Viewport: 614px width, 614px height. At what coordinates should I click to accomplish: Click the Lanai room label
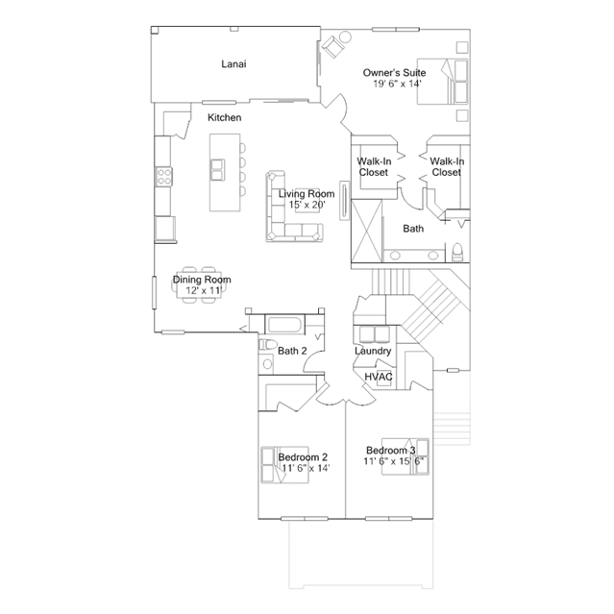[x=233, y=63]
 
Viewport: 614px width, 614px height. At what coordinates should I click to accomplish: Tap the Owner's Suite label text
[x=394, y=73]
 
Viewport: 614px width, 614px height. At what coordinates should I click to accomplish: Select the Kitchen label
[x=225, y=117]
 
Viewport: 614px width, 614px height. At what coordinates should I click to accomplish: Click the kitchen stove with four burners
[x=164, y=177]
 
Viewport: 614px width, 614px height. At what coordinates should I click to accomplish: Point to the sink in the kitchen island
[x=217, y=169]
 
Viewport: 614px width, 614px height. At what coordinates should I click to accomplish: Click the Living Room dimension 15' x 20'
[x=307, y=205]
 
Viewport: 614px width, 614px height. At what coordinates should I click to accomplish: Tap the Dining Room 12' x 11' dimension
[x=204, y=290]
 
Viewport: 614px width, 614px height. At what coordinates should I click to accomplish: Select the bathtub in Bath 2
[x=285, y=326]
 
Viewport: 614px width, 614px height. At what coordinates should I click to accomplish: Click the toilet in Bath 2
[x=268, y=345]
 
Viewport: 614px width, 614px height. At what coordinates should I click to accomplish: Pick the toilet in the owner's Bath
[x=457, y=252]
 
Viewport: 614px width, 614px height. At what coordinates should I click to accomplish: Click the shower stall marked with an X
[x=367, y=231]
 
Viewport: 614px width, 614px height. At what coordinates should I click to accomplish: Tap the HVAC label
[x=379, y=377]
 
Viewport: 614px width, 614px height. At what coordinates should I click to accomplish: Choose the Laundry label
[x=373, y=351]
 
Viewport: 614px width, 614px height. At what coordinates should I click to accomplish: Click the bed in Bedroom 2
[x=284, y=465]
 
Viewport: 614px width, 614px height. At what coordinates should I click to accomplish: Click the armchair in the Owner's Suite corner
[x=333, y=46]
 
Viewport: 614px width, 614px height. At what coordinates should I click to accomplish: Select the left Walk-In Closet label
[x=374, y=167]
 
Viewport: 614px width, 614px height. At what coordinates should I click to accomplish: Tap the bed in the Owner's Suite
[x=443, y=82]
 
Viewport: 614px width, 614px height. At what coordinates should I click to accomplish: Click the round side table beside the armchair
[x=345, y=37]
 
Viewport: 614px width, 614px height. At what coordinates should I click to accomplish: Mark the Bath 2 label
[x=292, y=351]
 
